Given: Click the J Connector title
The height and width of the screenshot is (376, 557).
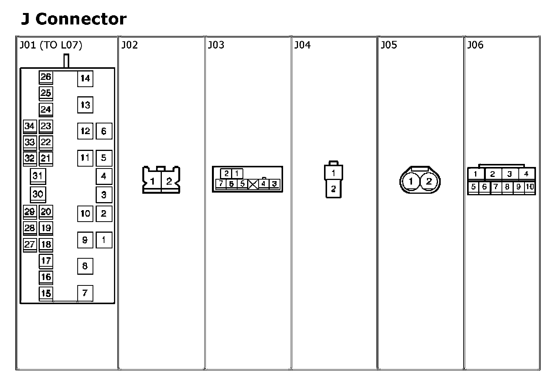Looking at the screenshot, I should [73, 19].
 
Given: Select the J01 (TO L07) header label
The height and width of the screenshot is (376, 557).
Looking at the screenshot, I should [51, 45].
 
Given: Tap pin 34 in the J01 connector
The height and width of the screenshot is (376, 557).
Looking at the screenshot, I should [29, 126].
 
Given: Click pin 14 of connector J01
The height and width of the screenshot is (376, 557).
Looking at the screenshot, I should [85, 79].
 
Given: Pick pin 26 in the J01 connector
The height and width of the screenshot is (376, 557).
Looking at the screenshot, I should [46, 77].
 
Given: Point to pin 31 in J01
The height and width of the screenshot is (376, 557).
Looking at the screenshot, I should [37, 176].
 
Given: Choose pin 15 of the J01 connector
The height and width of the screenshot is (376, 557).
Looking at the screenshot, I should [46, 293].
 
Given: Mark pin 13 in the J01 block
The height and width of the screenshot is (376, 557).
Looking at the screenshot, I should [85, 105].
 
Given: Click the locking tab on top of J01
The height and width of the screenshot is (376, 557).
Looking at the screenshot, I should [67, 61].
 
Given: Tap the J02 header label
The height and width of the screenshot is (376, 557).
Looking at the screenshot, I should [129, 45].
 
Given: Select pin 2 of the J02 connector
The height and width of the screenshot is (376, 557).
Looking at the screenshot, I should [169, 181].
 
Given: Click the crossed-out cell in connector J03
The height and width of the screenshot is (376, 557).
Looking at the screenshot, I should [253, 185].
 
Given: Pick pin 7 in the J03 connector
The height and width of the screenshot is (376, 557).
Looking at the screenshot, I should [220, 184].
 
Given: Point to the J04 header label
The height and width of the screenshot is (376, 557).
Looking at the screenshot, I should [302, 45].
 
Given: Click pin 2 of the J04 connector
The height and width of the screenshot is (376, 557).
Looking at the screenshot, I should [334, 189].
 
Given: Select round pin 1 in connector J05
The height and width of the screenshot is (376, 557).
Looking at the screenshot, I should [411, 181].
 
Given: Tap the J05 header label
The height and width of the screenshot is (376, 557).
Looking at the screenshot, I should [389, 45].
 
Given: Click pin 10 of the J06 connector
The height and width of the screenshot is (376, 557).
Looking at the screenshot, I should [530, 187].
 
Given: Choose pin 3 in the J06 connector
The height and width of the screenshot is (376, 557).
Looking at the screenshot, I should [510, 174].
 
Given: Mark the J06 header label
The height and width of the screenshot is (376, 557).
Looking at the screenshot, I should [475, 45].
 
